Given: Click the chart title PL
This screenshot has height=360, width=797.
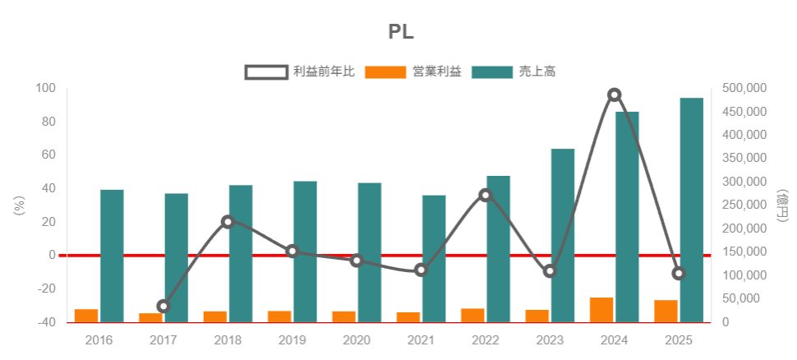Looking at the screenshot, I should click(401, 32).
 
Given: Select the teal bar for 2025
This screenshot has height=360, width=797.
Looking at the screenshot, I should click(692, 210).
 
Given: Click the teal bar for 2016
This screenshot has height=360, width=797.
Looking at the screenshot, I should click(112, 256).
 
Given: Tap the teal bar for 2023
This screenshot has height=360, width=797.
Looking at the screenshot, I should click(563, 235).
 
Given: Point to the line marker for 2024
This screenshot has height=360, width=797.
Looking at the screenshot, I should click(615, 95).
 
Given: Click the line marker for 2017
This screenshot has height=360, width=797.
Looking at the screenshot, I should click(164, 306).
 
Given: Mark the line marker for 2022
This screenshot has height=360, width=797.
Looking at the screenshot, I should click(486, 195).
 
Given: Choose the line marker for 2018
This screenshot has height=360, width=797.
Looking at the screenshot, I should click(228, 221).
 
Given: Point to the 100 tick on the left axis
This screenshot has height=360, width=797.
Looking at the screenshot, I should click(46, 88).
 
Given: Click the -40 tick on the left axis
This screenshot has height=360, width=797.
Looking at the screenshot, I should click(46, 322).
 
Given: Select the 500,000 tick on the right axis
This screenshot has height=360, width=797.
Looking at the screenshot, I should click(744, 88).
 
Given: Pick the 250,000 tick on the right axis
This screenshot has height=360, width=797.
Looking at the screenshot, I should click(744, 205).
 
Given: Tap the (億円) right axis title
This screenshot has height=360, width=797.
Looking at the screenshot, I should click(780, 205).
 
